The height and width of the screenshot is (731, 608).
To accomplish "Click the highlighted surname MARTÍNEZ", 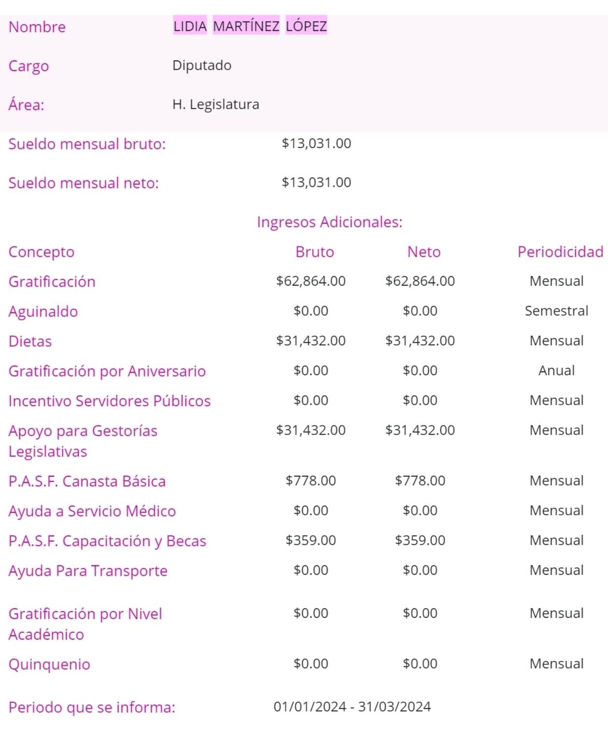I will point(246,26).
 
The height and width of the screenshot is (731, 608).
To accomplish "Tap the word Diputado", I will point(202,65).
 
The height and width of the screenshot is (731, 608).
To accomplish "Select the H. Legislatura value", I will point(216,104).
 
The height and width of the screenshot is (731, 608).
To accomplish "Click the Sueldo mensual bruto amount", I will point(316,144).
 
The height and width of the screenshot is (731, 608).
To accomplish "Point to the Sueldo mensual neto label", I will point(84,183).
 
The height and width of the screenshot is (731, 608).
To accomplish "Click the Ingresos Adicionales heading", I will point(329,222).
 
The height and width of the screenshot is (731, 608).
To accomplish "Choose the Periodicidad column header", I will point(560,252).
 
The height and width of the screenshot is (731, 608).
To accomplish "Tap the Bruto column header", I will point(314,252).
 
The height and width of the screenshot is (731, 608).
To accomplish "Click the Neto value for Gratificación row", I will point(420,281).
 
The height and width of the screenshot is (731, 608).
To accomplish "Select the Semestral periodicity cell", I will point(556,311).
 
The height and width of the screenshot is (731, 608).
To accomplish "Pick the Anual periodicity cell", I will point(556,370).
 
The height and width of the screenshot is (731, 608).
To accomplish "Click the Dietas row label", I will point(30,341).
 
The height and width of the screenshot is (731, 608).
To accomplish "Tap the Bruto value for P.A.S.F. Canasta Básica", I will point(311,481).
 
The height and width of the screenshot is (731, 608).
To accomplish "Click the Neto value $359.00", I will point(420,540).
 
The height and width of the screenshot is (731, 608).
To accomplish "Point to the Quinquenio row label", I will point(49,664).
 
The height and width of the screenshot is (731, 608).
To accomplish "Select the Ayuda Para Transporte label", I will point(88,571).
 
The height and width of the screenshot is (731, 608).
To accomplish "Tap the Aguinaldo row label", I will point(43,312).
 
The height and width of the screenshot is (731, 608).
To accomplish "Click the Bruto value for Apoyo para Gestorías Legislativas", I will point(311,430).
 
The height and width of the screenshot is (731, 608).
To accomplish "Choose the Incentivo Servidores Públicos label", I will point(110,401).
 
